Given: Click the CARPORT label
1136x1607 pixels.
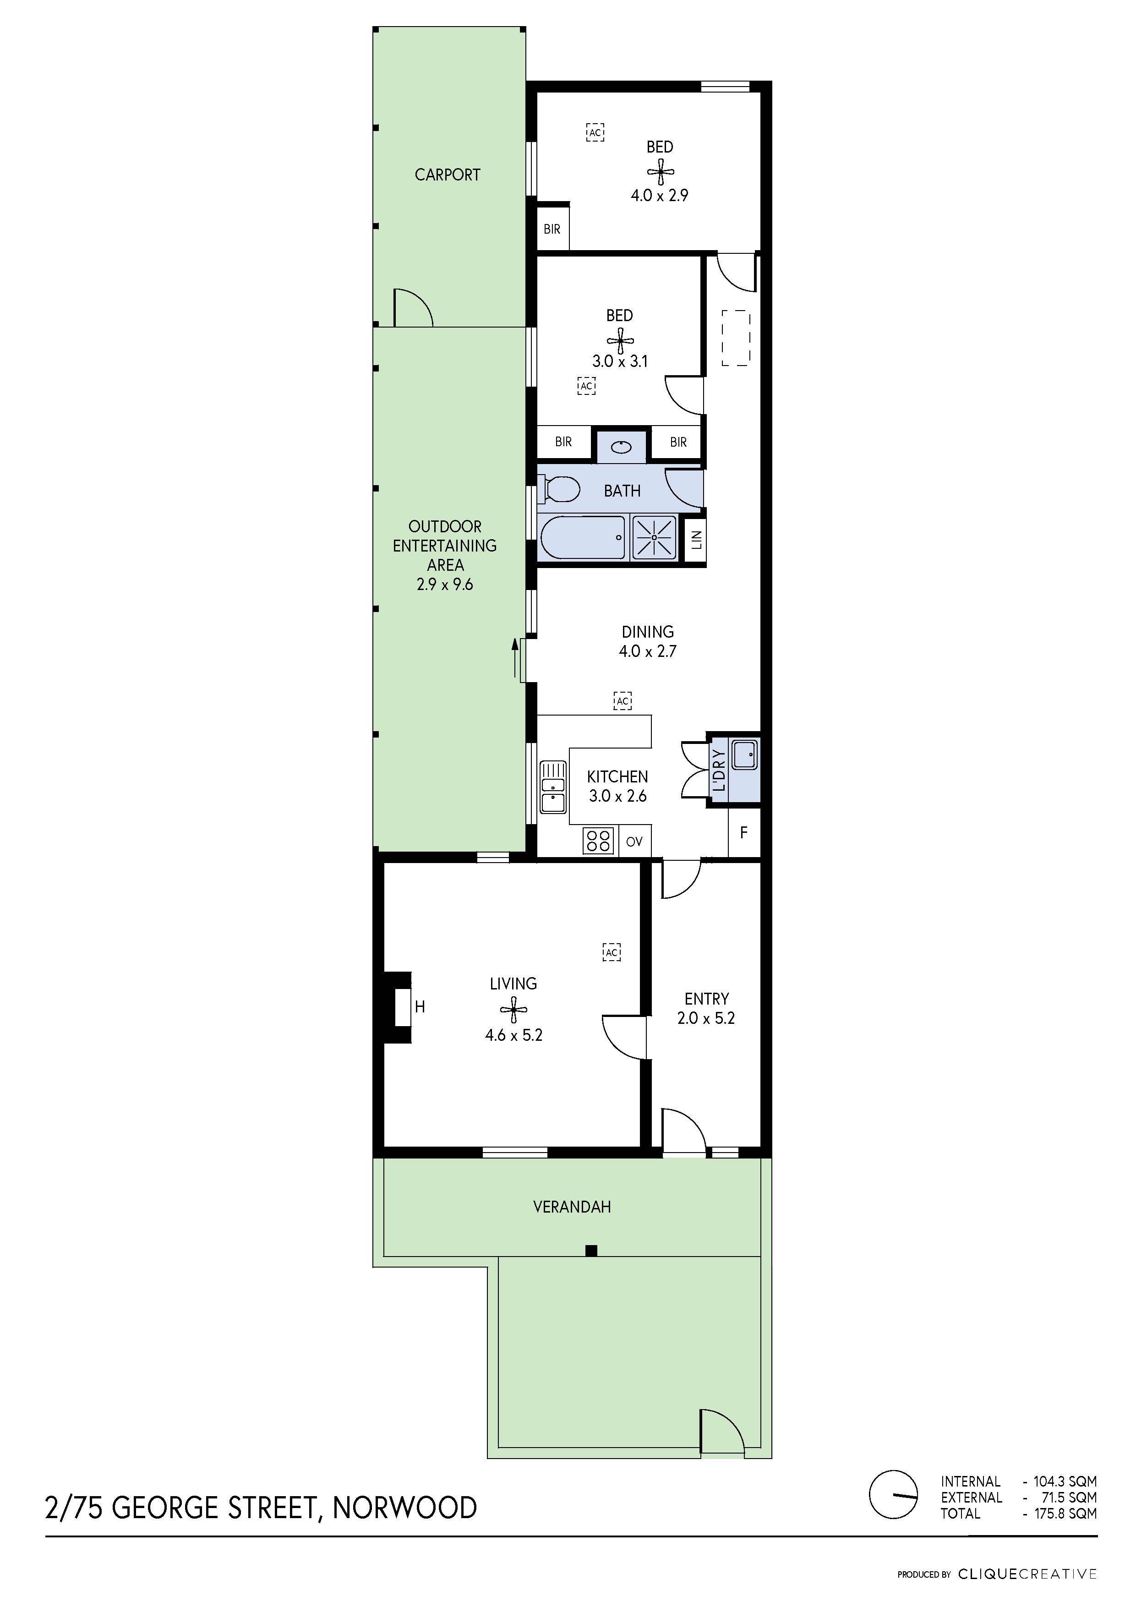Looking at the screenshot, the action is (447, 175).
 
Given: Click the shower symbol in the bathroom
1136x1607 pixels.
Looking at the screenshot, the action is (655, 537).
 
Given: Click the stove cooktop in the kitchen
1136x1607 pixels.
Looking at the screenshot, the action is (598, 841).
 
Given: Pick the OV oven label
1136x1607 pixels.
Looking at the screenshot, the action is (634, 842).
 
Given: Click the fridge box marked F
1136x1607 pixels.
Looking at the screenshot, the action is (744, 832).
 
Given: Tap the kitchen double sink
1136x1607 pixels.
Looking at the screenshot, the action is (553, 787).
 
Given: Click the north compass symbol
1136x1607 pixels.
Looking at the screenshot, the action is (893, 1494).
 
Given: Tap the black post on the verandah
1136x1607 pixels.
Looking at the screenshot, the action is (591, 1251).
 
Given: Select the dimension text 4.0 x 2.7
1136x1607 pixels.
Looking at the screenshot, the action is (647, 651).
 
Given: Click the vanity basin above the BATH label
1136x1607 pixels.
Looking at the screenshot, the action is (622, 447).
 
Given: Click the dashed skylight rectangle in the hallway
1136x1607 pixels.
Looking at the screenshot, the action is (736, 338).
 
